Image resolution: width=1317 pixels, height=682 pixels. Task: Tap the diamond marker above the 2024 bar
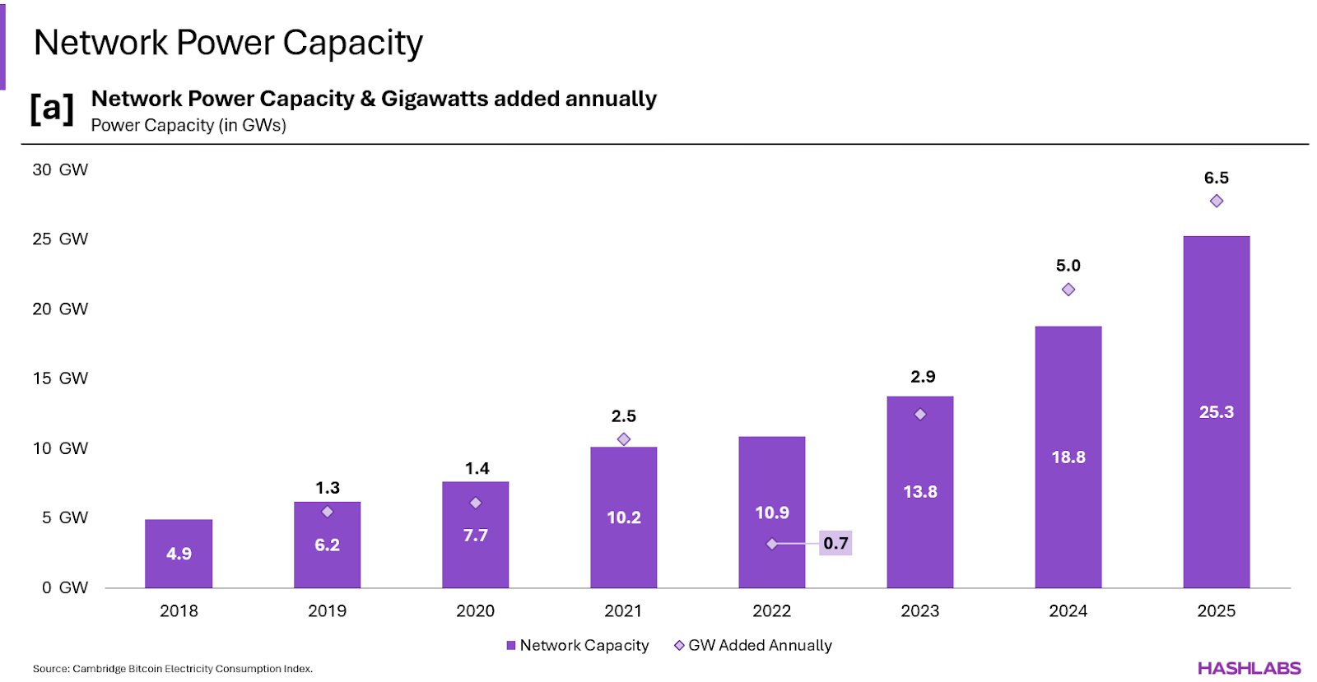click(x=1068, y=290)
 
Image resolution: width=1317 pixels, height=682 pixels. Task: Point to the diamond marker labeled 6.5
click(x=1217, y=202)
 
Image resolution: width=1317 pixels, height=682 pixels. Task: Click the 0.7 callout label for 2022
click(x=835, y=543)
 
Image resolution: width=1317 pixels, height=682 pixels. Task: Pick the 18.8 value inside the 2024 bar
click(x=1068, y=457)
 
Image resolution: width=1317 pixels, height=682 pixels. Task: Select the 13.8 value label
click(x=920, y=492)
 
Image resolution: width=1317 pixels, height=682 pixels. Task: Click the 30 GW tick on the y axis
click(x=60, y=170)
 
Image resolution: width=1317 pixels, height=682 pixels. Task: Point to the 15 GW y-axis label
click(x=60, y=378)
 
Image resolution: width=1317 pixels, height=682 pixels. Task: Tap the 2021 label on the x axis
click(x=623, y=611)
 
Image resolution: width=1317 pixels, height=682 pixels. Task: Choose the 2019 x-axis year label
click(x=327, y=611)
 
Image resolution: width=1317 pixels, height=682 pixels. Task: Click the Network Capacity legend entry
click(x=578, y=646)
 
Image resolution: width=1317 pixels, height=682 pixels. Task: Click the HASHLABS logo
click(x=1249, y=668)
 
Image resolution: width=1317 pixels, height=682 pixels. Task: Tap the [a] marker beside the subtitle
click(x=52, y=109)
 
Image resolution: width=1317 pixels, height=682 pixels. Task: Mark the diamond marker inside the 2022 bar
click(x=772, y=544)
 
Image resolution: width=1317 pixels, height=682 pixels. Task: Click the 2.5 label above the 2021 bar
click(x=624, y=416)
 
